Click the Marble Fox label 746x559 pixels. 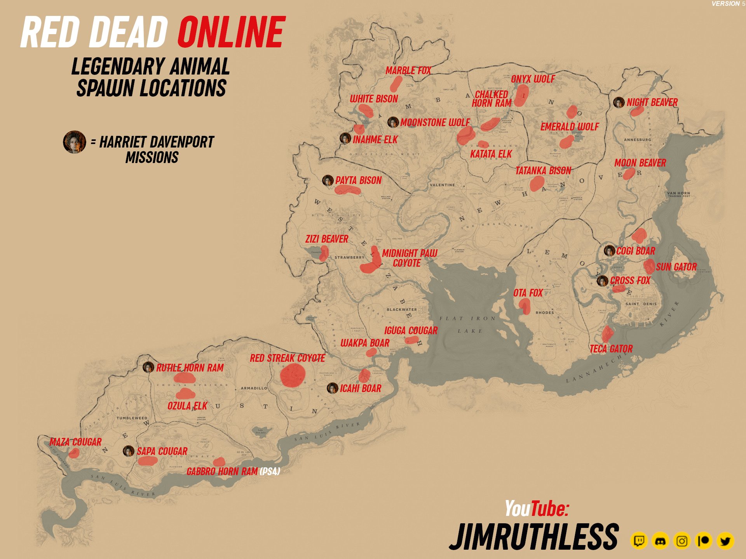click(408, 71)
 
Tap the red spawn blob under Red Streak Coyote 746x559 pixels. click(293, 375)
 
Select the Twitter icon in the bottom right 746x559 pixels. click(725, 541)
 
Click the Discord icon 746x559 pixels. click(660, 541)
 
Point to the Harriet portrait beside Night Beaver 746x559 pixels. click(619, 102)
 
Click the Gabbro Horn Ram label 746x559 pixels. click(222, 472)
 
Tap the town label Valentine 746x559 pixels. click(442, 185)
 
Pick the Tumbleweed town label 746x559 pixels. click(132, 418)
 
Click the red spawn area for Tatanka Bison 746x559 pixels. click(537, 183)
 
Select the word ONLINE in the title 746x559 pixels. click(232, 32)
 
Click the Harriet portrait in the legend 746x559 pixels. click(74, 142)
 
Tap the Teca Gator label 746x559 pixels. click(611, 349)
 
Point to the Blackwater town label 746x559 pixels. click(401, 310)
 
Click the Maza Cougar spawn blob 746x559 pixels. click(74, 453)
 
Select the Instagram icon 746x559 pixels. click(682, 541)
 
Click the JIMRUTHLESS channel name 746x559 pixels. click(534, 537)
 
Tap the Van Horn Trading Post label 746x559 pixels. click(678, 194)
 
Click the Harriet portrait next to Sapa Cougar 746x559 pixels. click(129, 451)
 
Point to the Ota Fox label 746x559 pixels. click(528, 293)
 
